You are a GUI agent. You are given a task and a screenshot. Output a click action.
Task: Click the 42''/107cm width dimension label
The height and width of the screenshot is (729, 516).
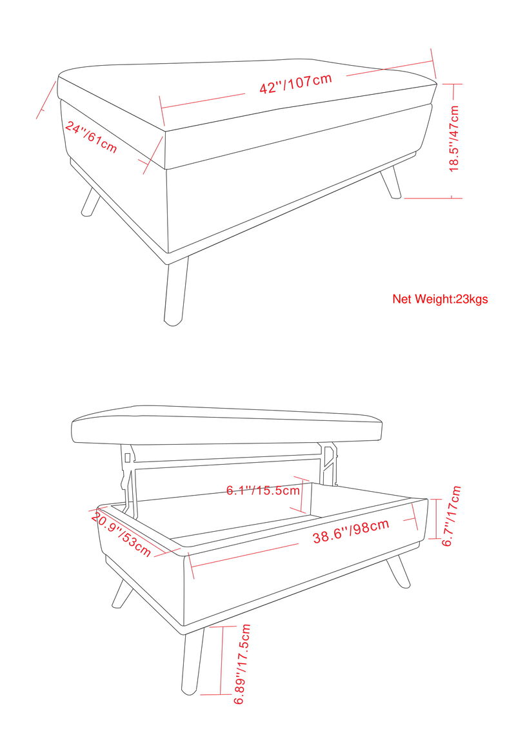pyautogui.click(x=295, y=83)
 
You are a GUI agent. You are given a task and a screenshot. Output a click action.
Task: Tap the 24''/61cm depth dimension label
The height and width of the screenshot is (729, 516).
pyautogui.click(x=91, y=137)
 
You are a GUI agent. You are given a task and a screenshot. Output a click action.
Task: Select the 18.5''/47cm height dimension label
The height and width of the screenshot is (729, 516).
pyautogui.click(x=455, y=139)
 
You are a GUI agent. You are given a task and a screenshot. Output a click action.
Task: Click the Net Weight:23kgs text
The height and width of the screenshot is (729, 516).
pyautogui.click(x=440, y=298)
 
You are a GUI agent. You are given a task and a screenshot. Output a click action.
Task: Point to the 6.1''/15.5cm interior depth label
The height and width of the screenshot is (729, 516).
pyautogui.click(x=263, y=490)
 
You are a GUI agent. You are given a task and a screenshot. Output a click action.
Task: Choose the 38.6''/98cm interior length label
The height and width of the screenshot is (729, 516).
pyautogui.click(x=351, y=530)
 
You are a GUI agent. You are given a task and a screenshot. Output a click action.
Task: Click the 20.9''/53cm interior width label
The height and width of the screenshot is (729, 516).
pyautogui.click(x=122, y=534)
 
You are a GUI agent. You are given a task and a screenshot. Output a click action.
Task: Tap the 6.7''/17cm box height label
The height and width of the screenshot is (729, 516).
pyautogui.click(x=452, y=516)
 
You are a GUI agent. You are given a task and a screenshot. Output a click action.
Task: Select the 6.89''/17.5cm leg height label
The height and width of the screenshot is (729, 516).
pyautogui.click(x=243, y=664)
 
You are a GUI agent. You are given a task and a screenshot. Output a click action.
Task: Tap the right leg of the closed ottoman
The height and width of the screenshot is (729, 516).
pyautogui.click(x=391, y=182)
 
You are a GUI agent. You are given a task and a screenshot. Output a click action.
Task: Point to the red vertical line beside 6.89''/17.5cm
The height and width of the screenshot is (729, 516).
pyautogui.click(x=222, y=661)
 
